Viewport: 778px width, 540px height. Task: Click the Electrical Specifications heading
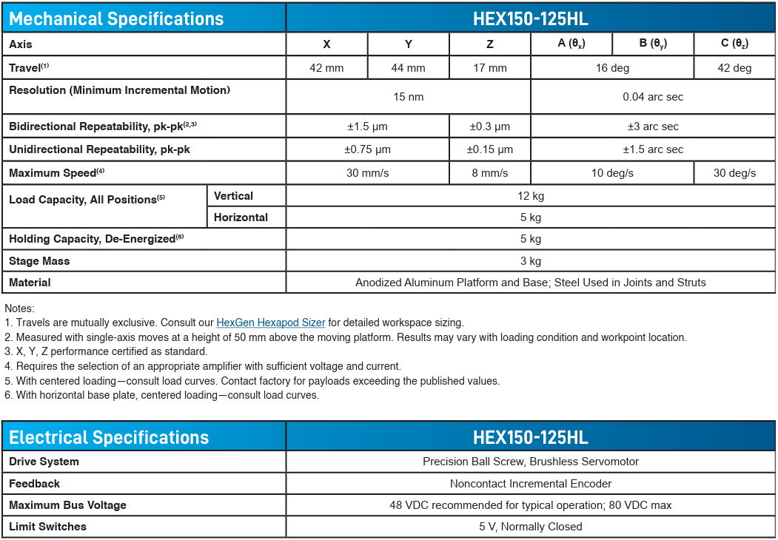click(109, 437)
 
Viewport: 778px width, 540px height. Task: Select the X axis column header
click(326, 44)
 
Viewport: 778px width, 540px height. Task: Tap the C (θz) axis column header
click(734, 44)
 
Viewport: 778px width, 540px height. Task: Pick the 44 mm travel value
click(408, 68)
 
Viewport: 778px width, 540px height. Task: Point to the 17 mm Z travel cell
click(489, 68)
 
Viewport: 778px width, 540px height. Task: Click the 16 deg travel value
click(612, 68)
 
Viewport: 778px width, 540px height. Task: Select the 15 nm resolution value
click(408, 97)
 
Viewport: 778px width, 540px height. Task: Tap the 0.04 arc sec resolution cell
click(653, 97)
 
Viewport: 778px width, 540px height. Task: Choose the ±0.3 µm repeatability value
click(489, 126)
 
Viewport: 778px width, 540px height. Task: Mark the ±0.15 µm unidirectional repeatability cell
click(489, 149)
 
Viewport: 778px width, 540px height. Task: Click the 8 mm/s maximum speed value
click(489, 173)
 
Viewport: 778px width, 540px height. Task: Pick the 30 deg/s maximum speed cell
click(734, 173)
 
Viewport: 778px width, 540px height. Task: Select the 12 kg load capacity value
click(530, 196)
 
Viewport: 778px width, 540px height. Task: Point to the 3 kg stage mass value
click(530, 261)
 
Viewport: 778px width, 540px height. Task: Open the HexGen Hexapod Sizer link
click(270, 323)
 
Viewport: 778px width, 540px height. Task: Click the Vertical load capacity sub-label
click(233, 196)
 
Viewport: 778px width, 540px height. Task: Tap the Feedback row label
click(34, 483)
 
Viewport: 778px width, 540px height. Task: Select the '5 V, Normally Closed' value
click(530, 527)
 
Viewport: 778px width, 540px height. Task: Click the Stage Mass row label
click(39, 261)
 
